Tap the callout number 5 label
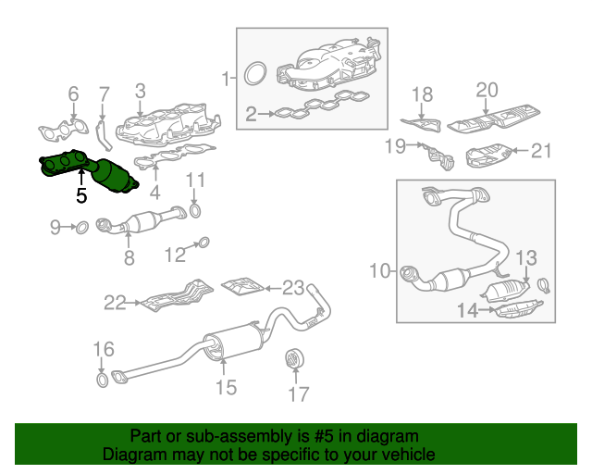point(81,196)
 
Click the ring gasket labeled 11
point(195,214)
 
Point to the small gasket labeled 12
point(203,244)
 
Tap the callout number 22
point(115,301)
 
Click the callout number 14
point(468,312)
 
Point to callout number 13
point(525,256)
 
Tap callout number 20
point(487,90)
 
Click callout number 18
point(422,94)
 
